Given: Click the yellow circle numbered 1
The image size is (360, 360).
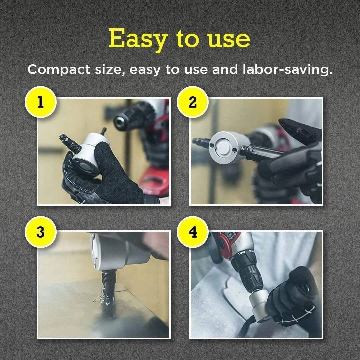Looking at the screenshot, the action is (x=40, y=102).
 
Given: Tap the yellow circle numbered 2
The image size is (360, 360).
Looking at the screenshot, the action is (x=193, y=102).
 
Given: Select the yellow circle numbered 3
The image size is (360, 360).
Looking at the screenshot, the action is (x=40, y=232).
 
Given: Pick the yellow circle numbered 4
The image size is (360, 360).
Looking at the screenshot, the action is (x=193, y=232).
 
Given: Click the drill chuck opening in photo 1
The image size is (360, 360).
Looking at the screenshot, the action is (x=120, y=121).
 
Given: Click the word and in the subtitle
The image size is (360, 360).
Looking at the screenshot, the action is (x=225, y=70).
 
